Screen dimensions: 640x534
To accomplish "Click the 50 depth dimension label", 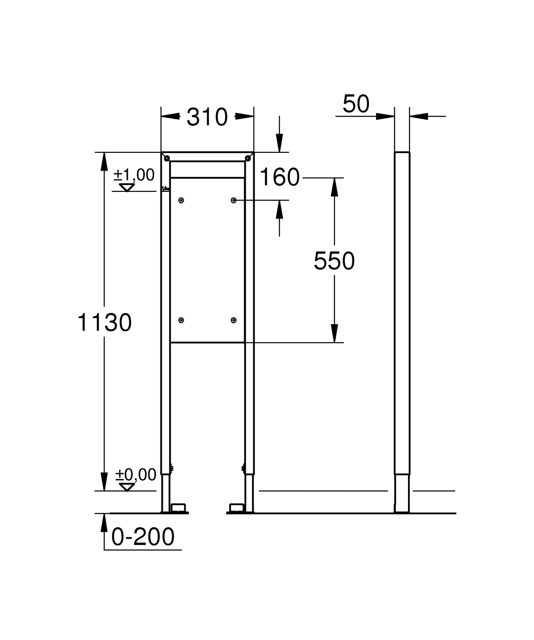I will pos(356,104).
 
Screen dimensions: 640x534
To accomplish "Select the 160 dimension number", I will pos(280,177).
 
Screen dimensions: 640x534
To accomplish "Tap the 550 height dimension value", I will pos(334,261).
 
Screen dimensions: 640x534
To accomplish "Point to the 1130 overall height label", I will pos(104,323).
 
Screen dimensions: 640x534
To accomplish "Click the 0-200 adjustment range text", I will pos(143,537).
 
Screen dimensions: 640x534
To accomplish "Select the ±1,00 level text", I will pos(134,175).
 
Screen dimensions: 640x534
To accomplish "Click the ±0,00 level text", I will pos(135,475).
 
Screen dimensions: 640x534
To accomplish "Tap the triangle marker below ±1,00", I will pos(127,187).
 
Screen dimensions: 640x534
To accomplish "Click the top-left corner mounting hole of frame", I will pos(167,158).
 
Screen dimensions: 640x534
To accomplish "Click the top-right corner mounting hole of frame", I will pos(248,158).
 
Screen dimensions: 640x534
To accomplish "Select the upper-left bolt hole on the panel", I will pos(181,200).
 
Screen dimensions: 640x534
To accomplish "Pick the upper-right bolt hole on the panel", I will pos(234,200).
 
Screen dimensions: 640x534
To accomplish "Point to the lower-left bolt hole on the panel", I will pos(181,320).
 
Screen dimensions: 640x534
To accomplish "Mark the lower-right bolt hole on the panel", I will pos(234,320).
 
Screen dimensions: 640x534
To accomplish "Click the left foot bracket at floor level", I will pos(179,507).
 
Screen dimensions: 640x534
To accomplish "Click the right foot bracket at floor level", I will pos(236,507).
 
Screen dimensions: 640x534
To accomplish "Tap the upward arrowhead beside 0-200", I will pos(104,523).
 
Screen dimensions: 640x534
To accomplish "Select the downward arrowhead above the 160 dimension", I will pos(280,143).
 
